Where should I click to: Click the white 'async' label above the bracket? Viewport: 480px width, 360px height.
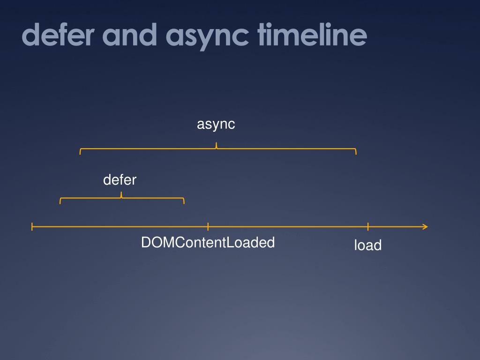pyautogui.click(x=216, y=124)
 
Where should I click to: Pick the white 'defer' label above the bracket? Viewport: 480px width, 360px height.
pyautogui.click(x=120, y=180)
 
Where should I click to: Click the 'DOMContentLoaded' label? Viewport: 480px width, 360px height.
pyautogui.click(x=208, y=242)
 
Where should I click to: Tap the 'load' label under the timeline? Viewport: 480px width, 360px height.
pyautogui.click(x=368, y=245)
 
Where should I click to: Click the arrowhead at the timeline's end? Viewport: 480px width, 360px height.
pyautogui.click(x=425, y=227)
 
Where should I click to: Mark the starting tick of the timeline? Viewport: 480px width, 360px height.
pyautogui.click(x=32, y=227)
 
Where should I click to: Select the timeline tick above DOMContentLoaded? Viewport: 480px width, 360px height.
pyautogui.click(x=208, y=227)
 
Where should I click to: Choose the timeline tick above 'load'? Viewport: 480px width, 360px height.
pyautogui.click(x=368, y=227)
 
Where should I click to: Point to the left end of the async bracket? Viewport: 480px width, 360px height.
pyautogui.click(x=81, y=151)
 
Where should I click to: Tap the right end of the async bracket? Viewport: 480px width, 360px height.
pyautogui.click(x=356, y=151)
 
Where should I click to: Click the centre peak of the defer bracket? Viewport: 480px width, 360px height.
pyautogui.click(x=121, y=195)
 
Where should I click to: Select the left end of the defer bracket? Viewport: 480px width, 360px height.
pyautogui.click(x=60, y=202)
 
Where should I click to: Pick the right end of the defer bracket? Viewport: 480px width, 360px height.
pyautogui.click(x=184, y=202)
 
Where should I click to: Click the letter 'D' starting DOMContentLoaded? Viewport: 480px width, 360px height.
pyautogui.click(x=146, y=242)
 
